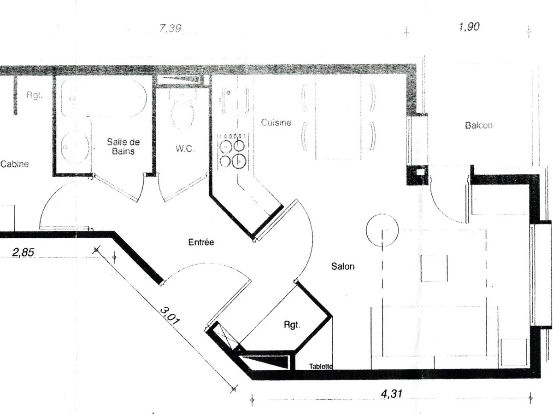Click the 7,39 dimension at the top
point(171,28)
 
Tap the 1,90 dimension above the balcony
point(469,27)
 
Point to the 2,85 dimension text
point(23,252)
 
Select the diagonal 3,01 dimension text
point(170,316)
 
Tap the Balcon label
point(478,125)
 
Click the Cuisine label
point(276,122)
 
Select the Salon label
point(343,266)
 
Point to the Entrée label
point(201,242)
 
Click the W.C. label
point(185,149)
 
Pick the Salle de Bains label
point(123,147)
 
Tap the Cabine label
point(14,164)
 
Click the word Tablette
point(321,366)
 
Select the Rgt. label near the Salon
point(292,325)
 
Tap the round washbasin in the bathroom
point(75,147)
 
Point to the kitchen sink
point(234,100)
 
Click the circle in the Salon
point(382,230)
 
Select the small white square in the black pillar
point(420,172)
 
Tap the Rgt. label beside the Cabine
point(35,95)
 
